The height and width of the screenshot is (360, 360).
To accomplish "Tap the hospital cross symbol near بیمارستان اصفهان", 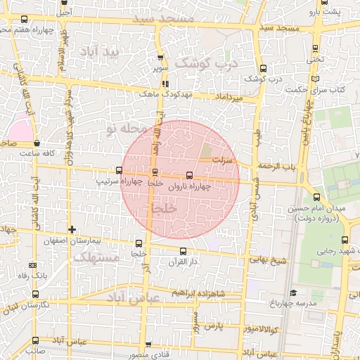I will pyautogui.click(x=72, y=229).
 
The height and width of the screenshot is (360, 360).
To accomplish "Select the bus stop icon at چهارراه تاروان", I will pyautogui.click(x=188, y=176).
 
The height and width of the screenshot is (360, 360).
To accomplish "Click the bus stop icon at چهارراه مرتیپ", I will pyautogui.click(x=119, y=170).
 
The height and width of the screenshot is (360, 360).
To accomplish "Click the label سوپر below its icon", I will pyautogui.click(x=160, y=69).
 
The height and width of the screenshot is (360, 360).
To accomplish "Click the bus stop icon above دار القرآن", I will pyautogui.click(x=184, y=251).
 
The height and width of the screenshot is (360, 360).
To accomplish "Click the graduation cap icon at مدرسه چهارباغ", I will pyautogui.click(x=292, y=292).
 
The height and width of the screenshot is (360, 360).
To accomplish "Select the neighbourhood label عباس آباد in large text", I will pyautogui.click(x=134, y=298).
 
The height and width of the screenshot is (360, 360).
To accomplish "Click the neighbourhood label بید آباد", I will pyautogui.click(x=105, y=52).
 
